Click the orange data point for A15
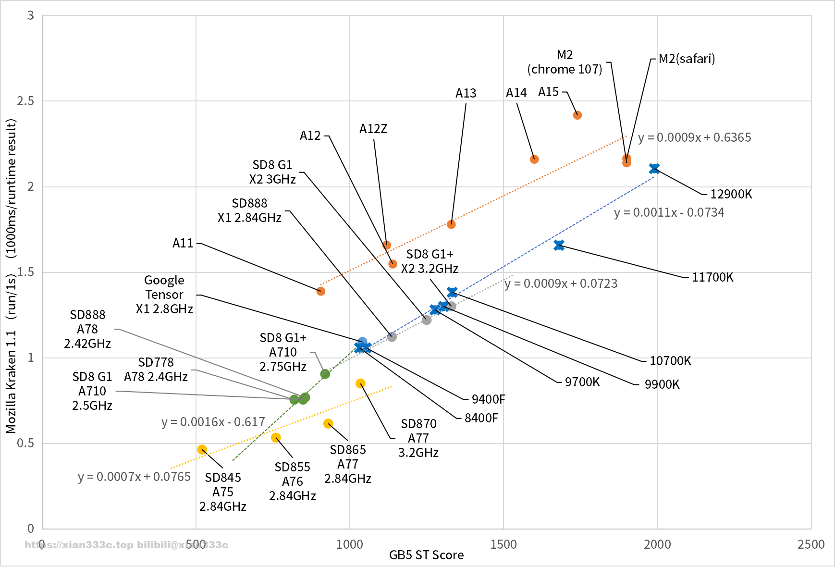pyautogui.click(x=577, y=115)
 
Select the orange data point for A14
pyautogui.click(x=534, y=159)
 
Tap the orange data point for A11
pyautogui.click(x=321, y=291)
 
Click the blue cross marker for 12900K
pyautogui.click(x=654, y=168)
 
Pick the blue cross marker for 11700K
pyautogui.click(x=559, y=245)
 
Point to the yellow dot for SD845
pyautogui.click(x=202, y=450)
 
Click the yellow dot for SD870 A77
pyautogui.click(x=360, y=383)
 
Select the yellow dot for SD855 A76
pyautogui.click(x=276, y=438)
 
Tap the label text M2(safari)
pyautogui.click(x=687, y=59)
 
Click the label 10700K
pyautogui.click(x=670, y=361)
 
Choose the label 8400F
pyautogui.click(x=481, y=418)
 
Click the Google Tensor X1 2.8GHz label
pyautogui.click(x=164, y=295)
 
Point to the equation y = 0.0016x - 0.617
pyautogui.click(x=213, y=422)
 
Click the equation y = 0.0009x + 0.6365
pyautogui.click(x=694, y=137)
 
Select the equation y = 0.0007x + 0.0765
pyautogui.click(x=135, y=477)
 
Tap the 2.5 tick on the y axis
pyautogui.click(x=25, y=101)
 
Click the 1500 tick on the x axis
pyautogui.click(x=503, y=544)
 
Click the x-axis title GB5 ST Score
pyautogui.click(x=427, y=555)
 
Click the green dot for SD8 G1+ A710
pyautogui.click(x=325, y=374)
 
